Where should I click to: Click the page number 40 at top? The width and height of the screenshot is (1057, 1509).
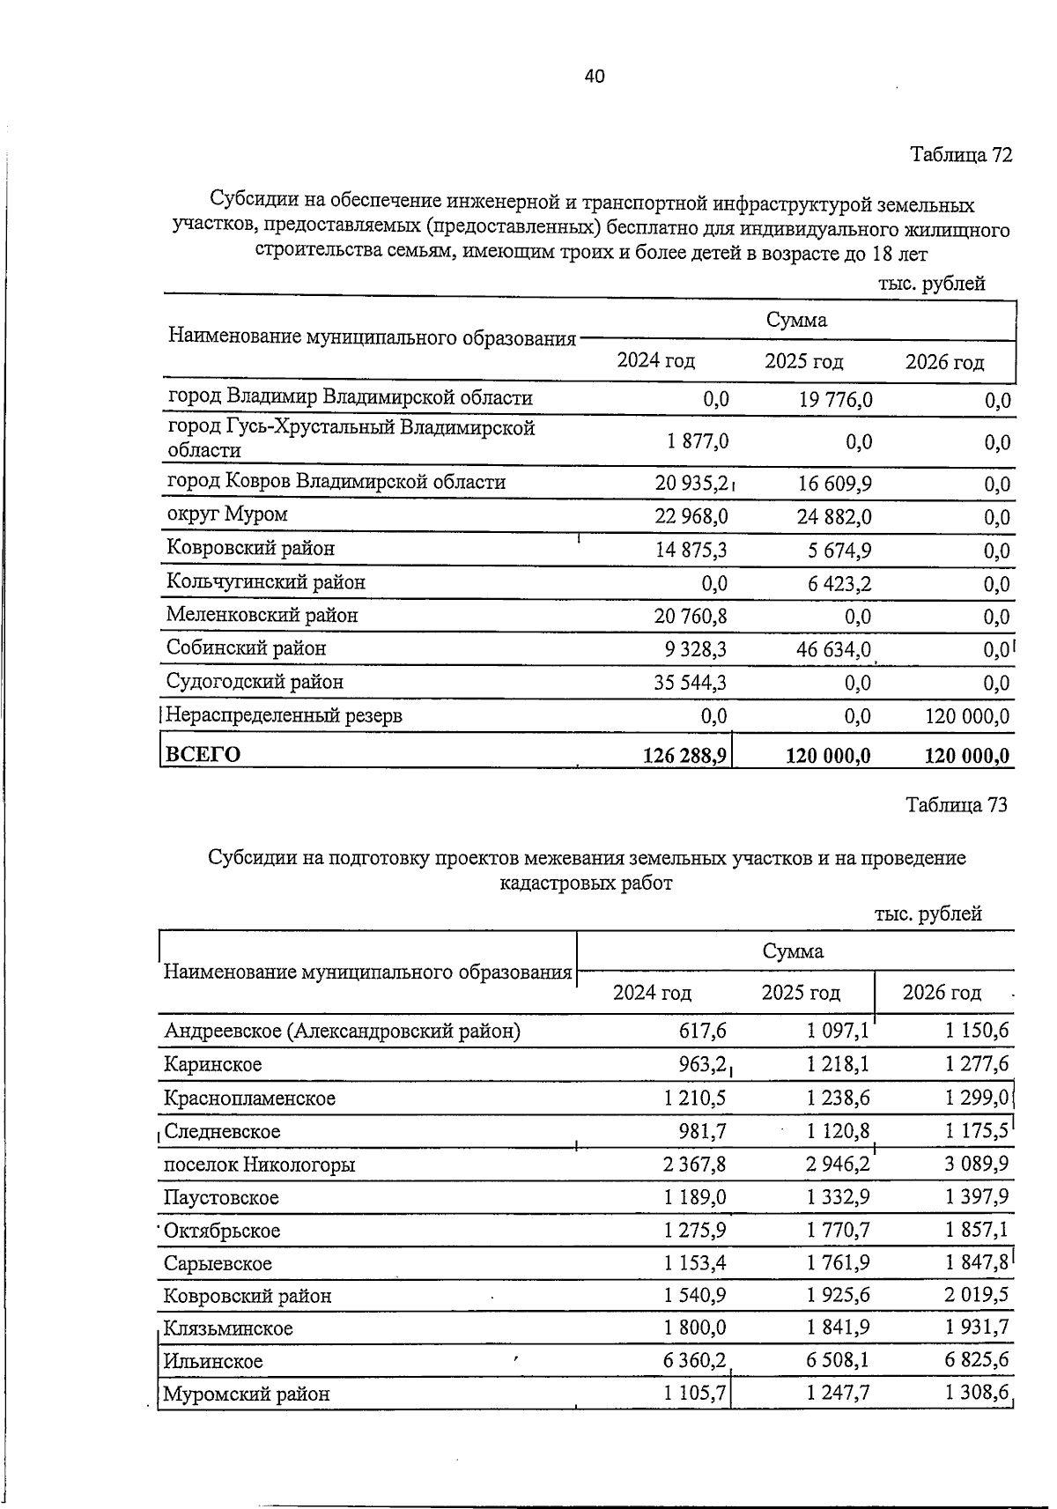coord(594,77)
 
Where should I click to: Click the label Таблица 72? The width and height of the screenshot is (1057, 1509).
coord(961,155)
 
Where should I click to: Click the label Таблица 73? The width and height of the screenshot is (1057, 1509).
coord(956,804)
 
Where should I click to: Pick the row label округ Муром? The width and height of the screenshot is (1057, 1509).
coord(227,514)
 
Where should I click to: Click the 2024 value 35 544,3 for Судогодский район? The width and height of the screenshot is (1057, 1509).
coord(691,682)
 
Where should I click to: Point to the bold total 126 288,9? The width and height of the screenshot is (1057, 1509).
coord(685,755)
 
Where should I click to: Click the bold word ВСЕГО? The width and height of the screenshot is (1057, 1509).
coord(203,755)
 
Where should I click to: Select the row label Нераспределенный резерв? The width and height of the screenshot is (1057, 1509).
coord(285,715)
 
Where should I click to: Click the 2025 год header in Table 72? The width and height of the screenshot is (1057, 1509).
coord(803,361)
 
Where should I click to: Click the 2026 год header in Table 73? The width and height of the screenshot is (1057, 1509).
coord(942,993)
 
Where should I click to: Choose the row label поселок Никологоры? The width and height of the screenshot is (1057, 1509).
coord(260,1165)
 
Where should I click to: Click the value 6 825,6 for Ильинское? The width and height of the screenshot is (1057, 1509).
coord(976,1361)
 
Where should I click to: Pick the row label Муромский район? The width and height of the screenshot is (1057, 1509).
coord(247,1394)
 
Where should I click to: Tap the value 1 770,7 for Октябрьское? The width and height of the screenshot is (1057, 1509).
coord(838,1231)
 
